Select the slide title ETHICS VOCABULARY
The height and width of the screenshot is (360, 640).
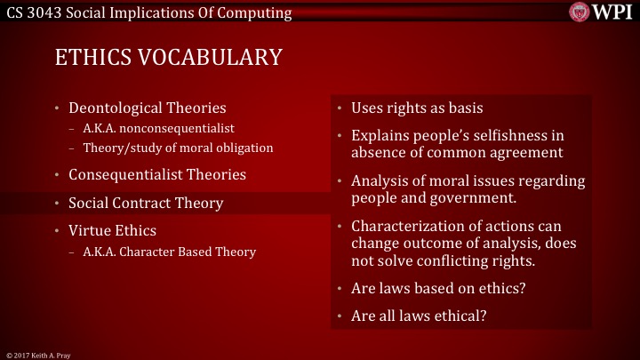coord(169,57)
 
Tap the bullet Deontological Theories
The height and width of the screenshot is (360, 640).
coord(148,108)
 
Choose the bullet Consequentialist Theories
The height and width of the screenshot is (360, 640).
coord(157,174)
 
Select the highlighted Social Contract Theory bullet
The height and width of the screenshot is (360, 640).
coord(146,203)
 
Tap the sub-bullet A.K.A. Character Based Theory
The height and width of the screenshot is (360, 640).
coord(169,252)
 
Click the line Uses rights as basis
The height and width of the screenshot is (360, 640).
coord(417,108)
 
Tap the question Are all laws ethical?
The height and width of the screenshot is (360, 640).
coord(418,316)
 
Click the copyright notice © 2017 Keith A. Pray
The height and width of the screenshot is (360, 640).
coord(37,355)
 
